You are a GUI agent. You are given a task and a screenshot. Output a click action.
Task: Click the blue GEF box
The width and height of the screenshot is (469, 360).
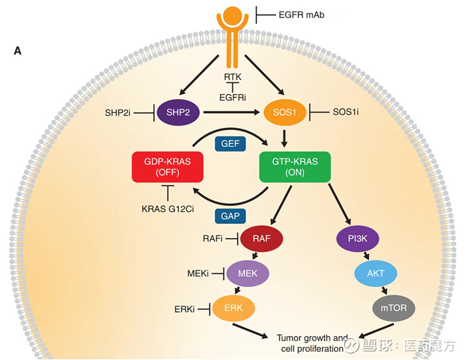tap(230, 143)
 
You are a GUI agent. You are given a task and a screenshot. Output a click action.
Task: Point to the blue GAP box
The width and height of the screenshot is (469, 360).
tap(230, 216)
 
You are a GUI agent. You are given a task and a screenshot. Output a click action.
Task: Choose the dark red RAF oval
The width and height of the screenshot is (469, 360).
tap(261, 238)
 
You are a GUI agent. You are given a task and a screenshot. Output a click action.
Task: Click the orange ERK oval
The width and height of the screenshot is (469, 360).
tap(235, 308)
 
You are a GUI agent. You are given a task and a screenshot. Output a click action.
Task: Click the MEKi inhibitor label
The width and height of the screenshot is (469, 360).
tap(198, 273)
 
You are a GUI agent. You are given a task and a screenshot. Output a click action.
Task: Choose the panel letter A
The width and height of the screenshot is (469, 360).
tap(18, 51)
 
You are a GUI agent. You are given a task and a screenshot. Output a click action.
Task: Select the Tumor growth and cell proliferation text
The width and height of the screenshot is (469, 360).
tap(311, 343)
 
